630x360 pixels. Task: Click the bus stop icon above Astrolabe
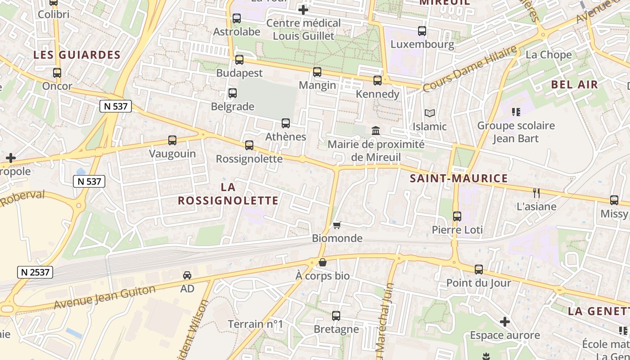click(x=236, y=18)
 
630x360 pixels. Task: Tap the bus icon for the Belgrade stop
click(x=232, y=93)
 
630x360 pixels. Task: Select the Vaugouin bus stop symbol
click(x=172, y=140)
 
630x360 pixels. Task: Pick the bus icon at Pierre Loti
click(x=457, y=216)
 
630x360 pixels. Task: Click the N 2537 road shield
click(x=36, y=272)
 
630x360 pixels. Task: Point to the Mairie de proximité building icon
click(x=375, y=131)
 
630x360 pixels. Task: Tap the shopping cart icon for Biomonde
click(x=337, y=225)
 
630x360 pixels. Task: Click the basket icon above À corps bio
click(x=322, y=262)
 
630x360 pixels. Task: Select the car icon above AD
click(x=187, y=275)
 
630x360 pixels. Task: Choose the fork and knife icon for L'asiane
click(x=536, y=193)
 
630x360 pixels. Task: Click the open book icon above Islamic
click(x=430, y=113)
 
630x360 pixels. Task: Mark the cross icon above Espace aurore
click(x=505, y=322)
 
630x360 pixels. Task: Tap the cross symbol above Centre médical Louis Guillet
click(x=303, y=9)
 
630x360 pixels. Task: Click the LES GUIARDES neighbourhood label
click(x=77, y=55)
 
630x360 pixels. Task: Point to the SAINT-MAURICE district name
click(x=459, y=179)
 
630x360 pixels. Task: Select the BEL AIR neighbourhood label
click(x=575, y=85)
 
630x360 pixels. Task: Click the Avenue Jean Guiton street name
click(x=104, y=297)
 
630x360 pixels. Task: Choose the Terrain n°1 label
click(x=255, y=324)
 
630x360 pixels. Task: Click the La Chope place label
click(x=549, y=55)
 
